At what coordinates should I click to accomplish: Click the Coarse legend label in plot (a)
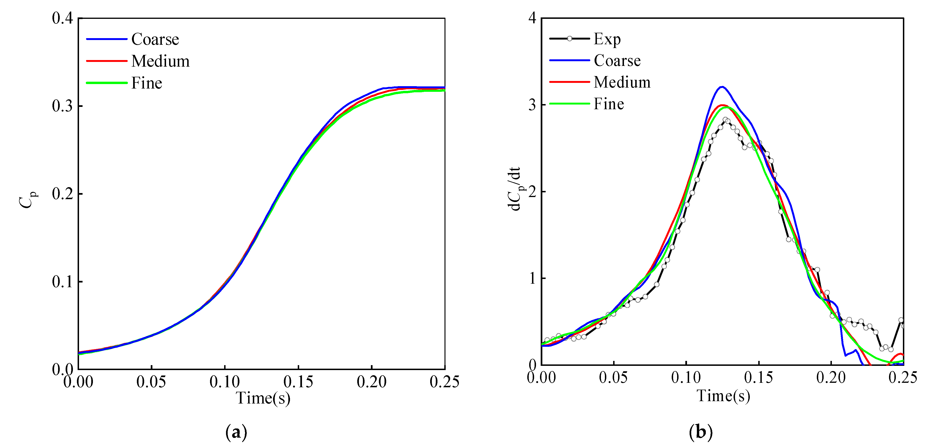pos(155,39)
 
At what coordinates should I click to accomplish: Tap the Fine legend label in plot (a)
pos(147,83)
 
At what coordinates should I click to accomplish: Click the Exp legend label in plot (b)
pos(607,39)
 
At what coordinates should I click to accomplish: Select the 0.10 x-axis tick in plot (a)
pos(225,382)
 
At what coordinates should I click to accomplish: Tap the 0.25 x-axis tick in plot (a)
pos(444,382)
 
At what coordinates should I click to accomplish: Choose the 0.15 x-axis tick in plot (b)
pos(759,378)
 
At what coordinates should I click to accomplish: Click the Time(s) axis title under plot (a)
pos(263,398)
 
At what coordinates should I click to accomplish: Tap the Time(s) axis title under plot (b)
pos(723,396)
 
